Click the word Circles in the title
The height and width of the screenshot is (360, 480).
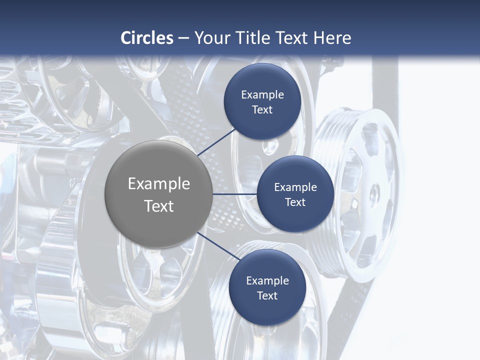coord(147,38)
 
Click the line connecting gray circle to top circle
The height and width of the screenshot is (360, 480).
coord(216,141)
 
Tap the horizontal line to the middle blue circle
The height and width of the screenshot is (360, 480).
coord(235,194)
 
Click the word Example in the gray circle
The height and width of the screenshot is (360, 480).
coord(158,183)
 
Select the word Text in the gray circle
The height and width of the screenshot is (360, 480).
coord(158,206)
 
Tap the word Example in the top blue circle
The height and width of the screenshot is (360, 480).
coord(262,94)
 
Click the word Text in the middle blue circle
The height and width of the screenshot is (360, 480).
coord(295,202)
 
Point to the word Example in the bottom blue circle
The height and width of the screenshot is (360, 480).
coord(267,280)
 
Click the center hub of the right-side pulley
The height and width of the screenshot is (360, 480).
coord(374,194)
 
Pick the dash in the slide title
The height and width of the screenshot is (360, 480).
coord(183,38)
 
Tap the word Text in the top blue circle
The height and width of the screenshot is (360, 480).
coord(262,109)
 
